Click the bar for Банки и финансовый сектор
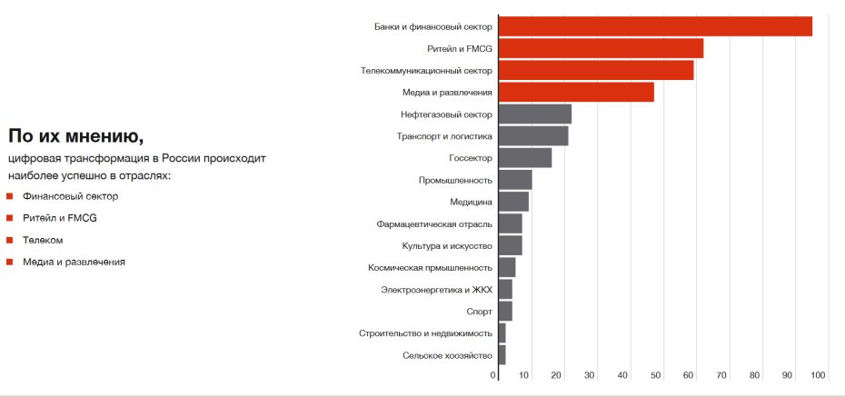click(x=654, y=26)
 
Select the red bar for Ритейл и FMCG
click(x=600, y=48)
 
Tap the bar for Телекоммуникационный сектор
click(x=595, y=70)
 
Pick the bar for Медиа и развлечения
click(x=575, y=92)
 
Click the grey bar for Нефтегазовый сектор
click(x=534, y=114)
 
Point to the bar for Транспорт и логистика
click(x=532, y=136)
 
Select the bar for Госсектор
click(x=524, y=158)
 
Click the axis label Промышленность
click(x=455, y=180)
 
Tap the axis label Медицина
click(x=471, y=202)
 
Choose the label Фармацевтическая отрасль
click(x=434, y=223)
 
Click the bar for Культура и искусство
click(x=510, y=245)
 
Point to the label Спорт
click(x=479, y=312)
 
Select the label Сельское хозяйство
click(x=447, y=355)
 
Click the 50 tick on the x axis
click(x=655, y=375)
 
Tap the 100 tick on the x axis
click(x=818, y=375)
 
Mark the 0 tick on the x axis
click(x=493, y=375)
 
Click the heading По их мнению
click(x=75, y=137)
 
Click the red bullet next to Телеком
click(x=9, y=240)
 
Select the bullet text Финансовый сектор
click(x=71, y=196)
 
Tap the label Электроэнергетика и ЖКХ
click(x=436, y=290)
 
